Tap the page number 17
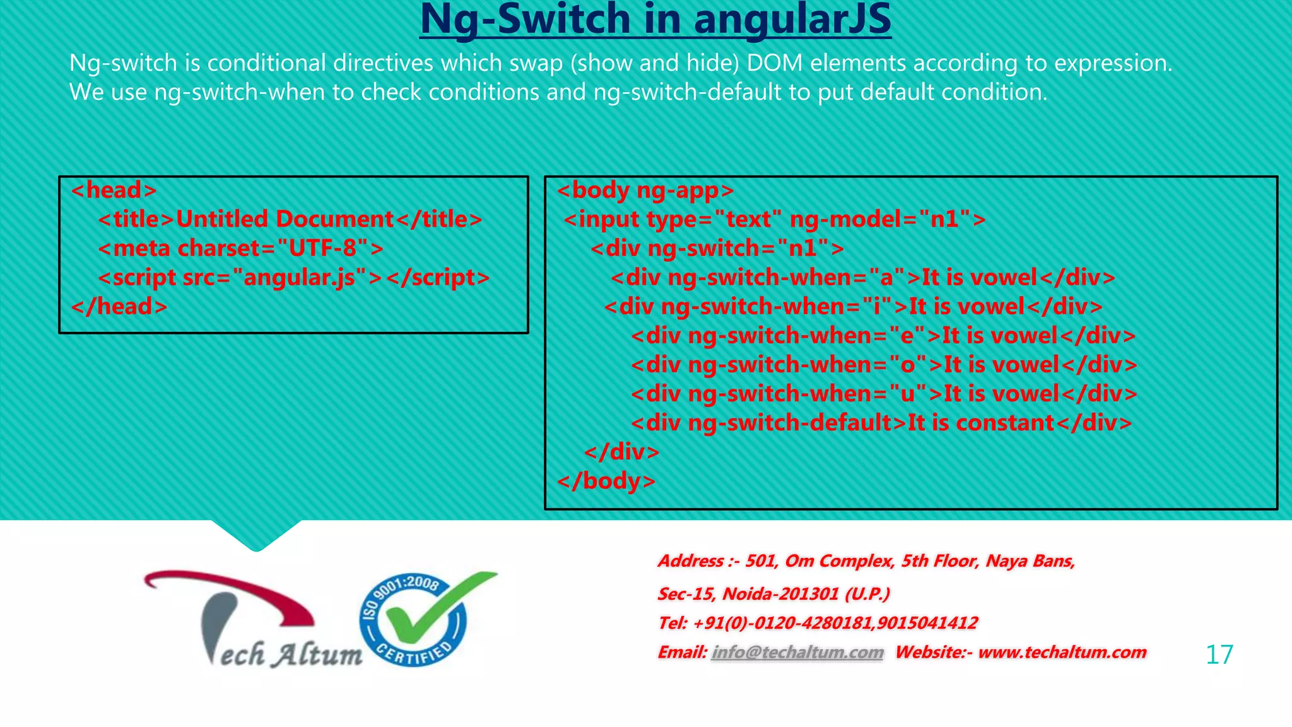point(1219,654)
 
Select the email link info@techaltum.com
point(797,652)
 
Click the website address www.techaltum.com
point(1062,652)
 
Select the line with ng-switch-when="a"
point(862,277)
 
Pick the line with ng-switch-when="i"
point(853,306)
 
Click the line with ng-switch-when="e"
point(883,335)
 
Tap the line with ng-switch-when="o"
point(883,364)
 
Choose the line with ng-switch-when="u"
point(883,393)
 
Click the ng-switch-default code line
point(881,422)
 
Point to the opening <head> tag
point(114,190)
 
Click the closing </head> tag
point(119,306)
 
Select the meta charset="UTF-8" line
point(240,248)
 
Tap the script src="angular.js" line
point(293,277)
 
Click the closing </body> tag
point(606,480)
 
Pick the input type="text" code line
point(774,219)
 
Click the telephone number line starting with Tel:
point(818,623)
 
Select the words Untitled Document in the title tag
point(285,219)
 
